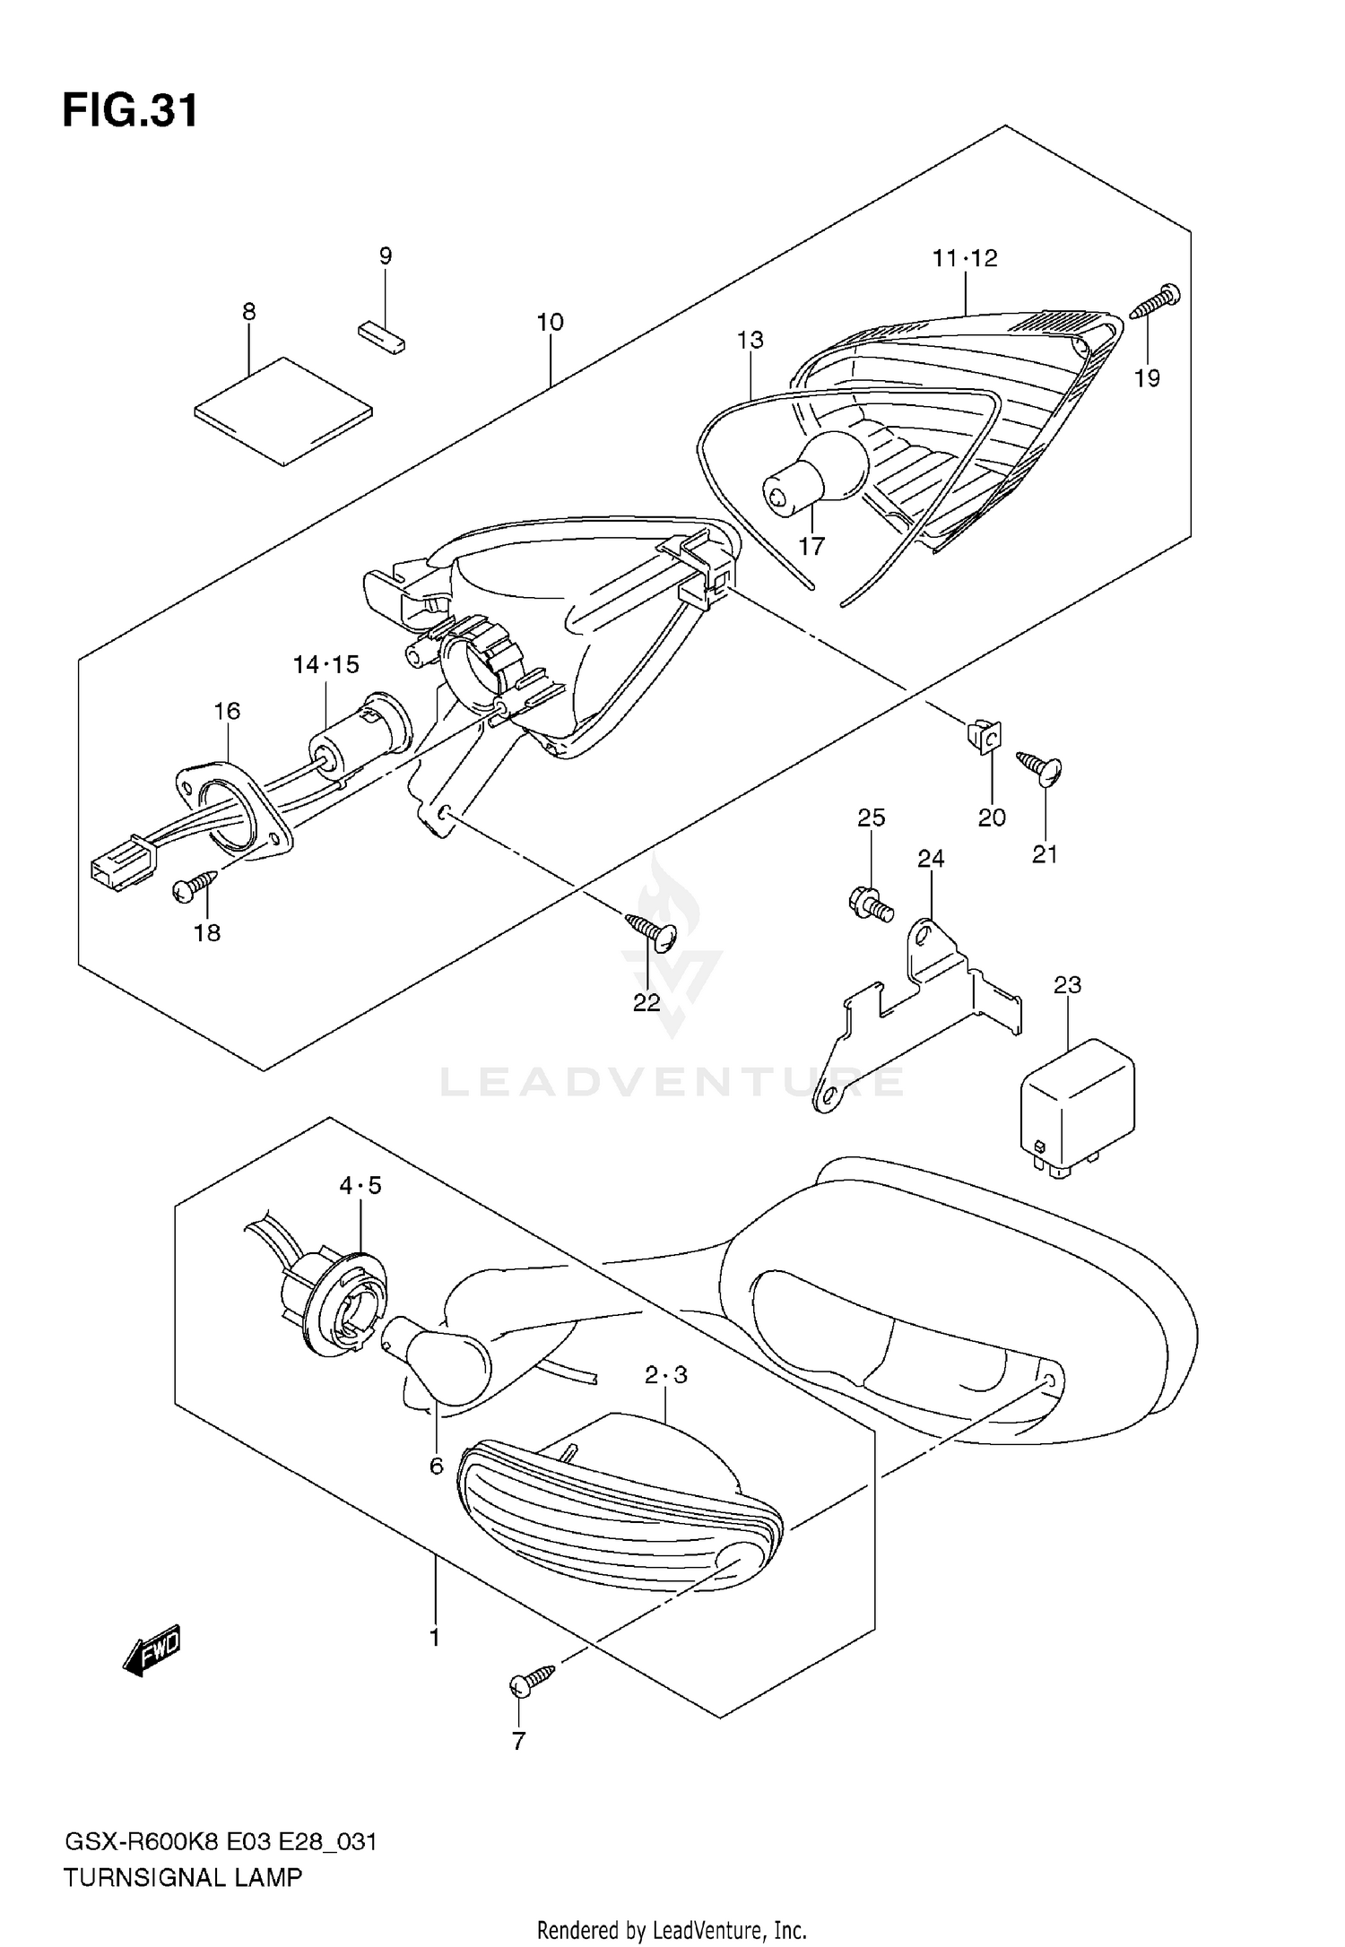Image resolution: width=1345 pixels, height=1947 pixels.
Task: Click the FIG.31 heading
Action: click(x=130, y=112)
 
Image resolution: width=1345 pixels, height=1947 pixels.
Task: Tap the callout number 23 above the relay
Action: click(x=1067, y=985)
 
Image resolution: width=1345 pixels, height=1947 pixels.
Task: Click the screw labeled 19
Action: click(x=1156, y=301)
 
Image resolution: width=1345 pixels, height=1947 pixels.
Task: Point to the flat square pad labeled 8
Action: click(x=283, y=411)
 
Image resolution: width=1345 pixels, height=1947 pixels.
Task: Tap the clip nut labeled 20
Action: click(x=985, y=736)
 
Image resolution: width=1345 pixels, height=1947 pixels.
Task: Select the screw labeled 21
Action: click(x=1040, y=766)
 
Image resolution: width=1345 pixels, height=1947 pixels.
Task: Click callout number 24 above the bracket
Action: click(x=931, y=859)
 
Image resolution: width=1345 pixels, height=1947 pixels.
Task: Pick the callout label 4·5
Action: click(x=360, y=1186)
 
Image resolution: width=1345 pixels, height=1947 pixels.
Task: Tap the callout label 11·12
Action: click(x=965, y=258)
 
